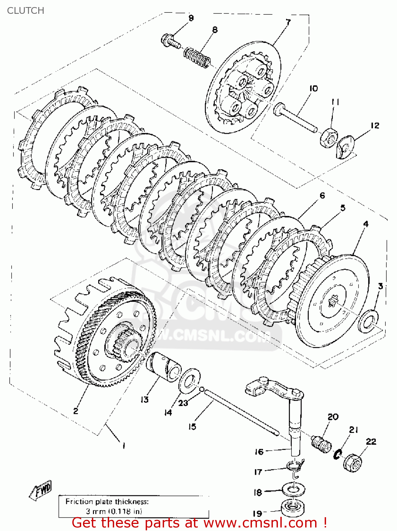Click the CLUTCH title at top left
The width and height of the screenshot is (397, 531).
click(26, 11)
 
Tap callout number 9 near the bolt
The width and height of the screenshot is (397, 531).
click(191, 18)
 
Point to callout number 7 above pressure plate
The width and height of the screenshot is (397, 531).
click(289, 22)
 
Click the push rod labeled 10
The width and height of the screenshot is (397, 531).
click(296, 117)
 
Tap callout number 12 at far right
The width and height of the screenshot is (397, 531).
click(375, 125)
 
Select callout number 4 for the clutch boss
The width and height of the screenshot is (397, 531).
click(366, 224)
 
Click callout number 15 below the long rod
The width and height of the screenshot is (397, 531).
click(192, 427)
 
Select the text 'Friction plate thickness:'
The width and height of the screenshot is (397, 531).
click(107, 501)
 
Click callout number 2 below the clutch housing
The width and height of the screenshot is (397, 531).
click(76, 411)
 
